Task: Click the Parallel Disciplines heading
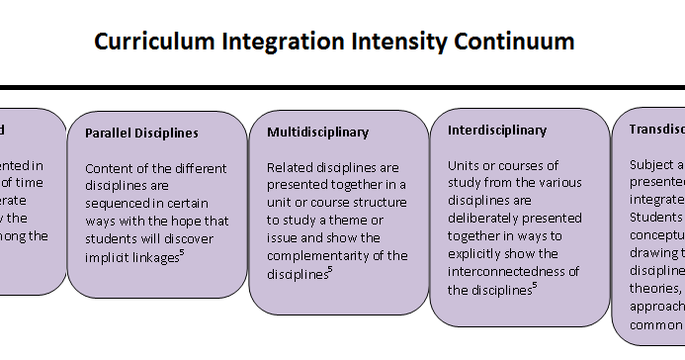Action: pyautogui.click(x=141, y=133)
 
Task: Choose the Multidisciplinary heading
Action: pyautogui.click(x=317, y=132)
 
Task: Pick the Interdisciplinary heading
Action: pyautogui.click(x=497, y=130)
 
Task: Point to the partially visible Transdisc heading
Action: pyautogui.click(x=657, y=129)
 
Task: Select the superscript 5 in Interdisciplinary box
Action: pyautogui.click(x=535, y=286)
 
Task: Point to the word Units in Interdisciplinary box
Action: pyautogui.click(x=464, y=165)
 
